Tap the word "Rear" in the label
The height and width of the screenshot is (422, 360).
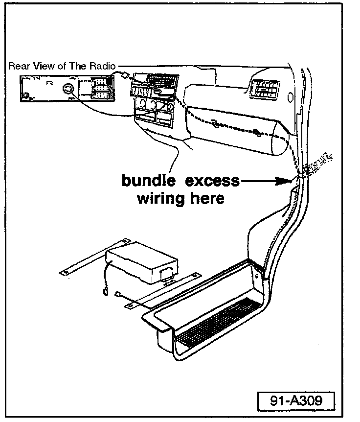19,66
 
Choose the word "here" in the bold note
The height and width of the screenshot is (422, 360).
206,198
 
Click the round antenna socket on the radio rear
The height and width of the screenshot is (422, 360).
69,89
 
